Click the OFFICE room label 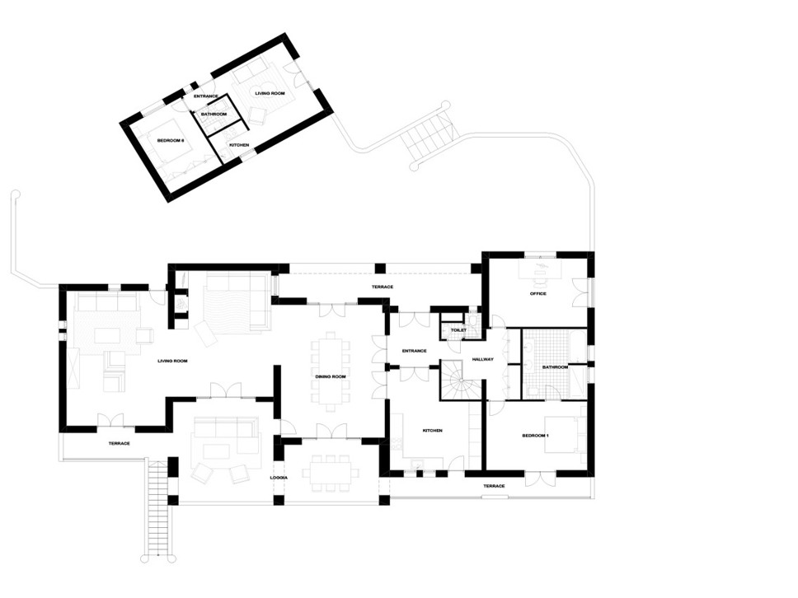pyautogui.click(x=538, y=293)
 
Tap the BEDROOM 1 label pyautogui.click(x=535, y=436)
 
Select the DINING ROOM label pyautogui.click(x=331, y=376)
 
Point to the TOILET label pyautogui.click(x=458, y=330)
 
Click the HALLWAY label pyautogui.click(x=482, y=359)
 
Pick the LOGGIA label pyautogui.click(x=279, y=478)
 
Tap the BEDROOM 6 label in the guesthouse pyautogui.click(x=171, y=140)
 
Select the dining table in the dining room pyautogui.click(x=331, y=371)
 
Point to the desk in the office pyautogui.click(x=541, y=269)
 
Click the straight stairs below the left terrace pyautogui.click(x=157, y=509)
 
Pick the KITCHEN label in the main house pyautogui.click(x=433, y=431)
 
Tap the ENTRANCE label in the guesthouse pyautogui.click(x=206, y=96)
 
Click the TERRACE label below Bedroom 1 pyautogui.click(x=494, y=486)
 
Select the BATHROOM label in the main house pyautogui.click(x=555, y=367)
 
